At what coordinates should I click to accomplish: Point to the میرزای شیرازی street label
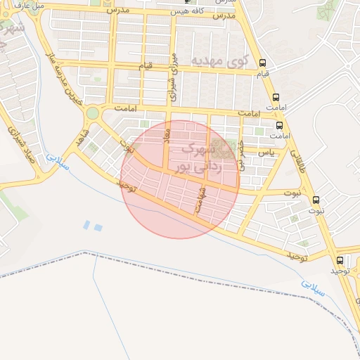tap(170, 72)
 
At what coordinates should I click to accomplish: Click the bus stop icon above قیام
tap(263, 63)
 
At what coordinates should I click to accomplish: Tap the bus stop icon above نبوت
tap(316, 200)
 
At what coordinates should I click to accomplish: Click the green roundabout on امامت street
tap(91, 113)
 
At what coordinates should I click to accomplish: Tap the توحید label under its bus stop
tap(340, 271)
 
